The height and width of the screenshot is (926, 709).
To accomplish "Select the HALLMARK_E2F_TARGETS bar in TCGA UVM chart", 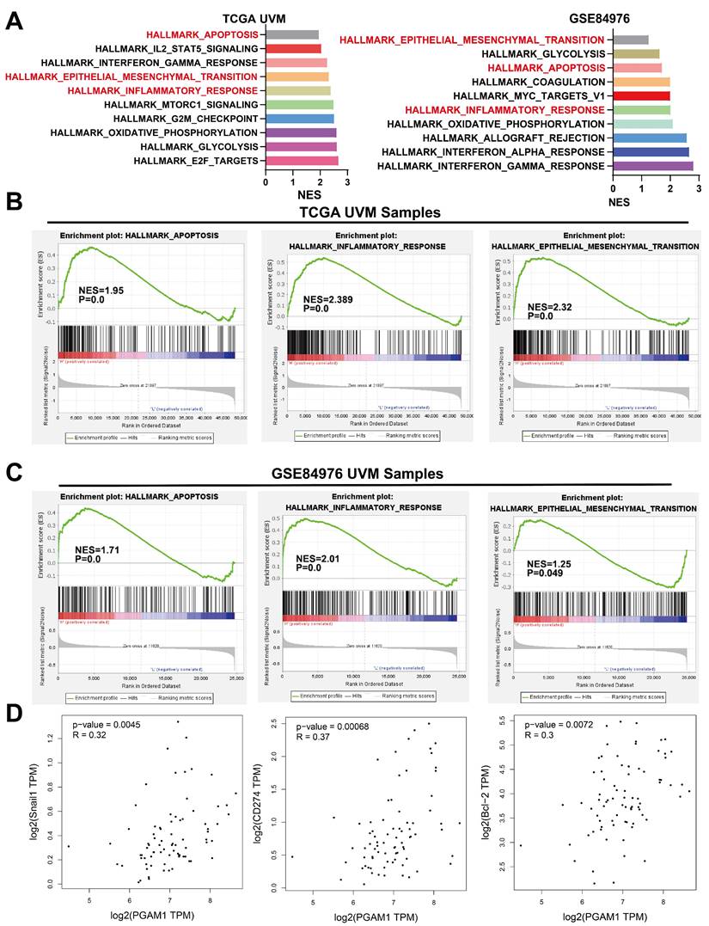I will coord(302,161).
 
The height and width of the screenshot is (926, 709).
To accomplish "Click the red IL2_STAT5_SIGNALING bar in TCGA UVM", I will coord(293,48).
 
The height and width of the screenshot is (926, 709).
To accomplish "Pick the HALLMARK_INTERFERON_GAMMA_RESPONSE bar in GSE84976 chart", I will coord(652,165).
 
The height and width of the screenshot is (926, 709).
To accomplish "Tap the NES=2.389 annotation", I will coord(328,299).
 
